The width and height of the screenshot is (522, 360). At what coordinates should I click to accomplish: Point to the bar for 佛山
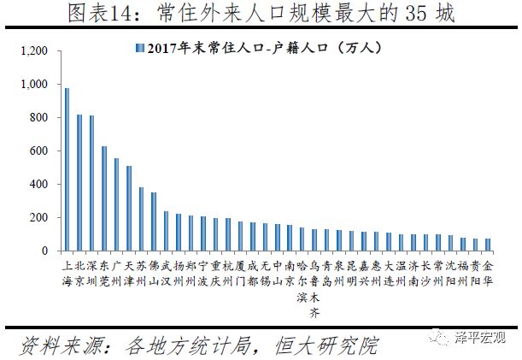154,221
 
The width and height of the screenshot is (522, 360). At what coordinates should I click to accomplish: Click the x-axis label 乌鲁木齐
314,282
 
